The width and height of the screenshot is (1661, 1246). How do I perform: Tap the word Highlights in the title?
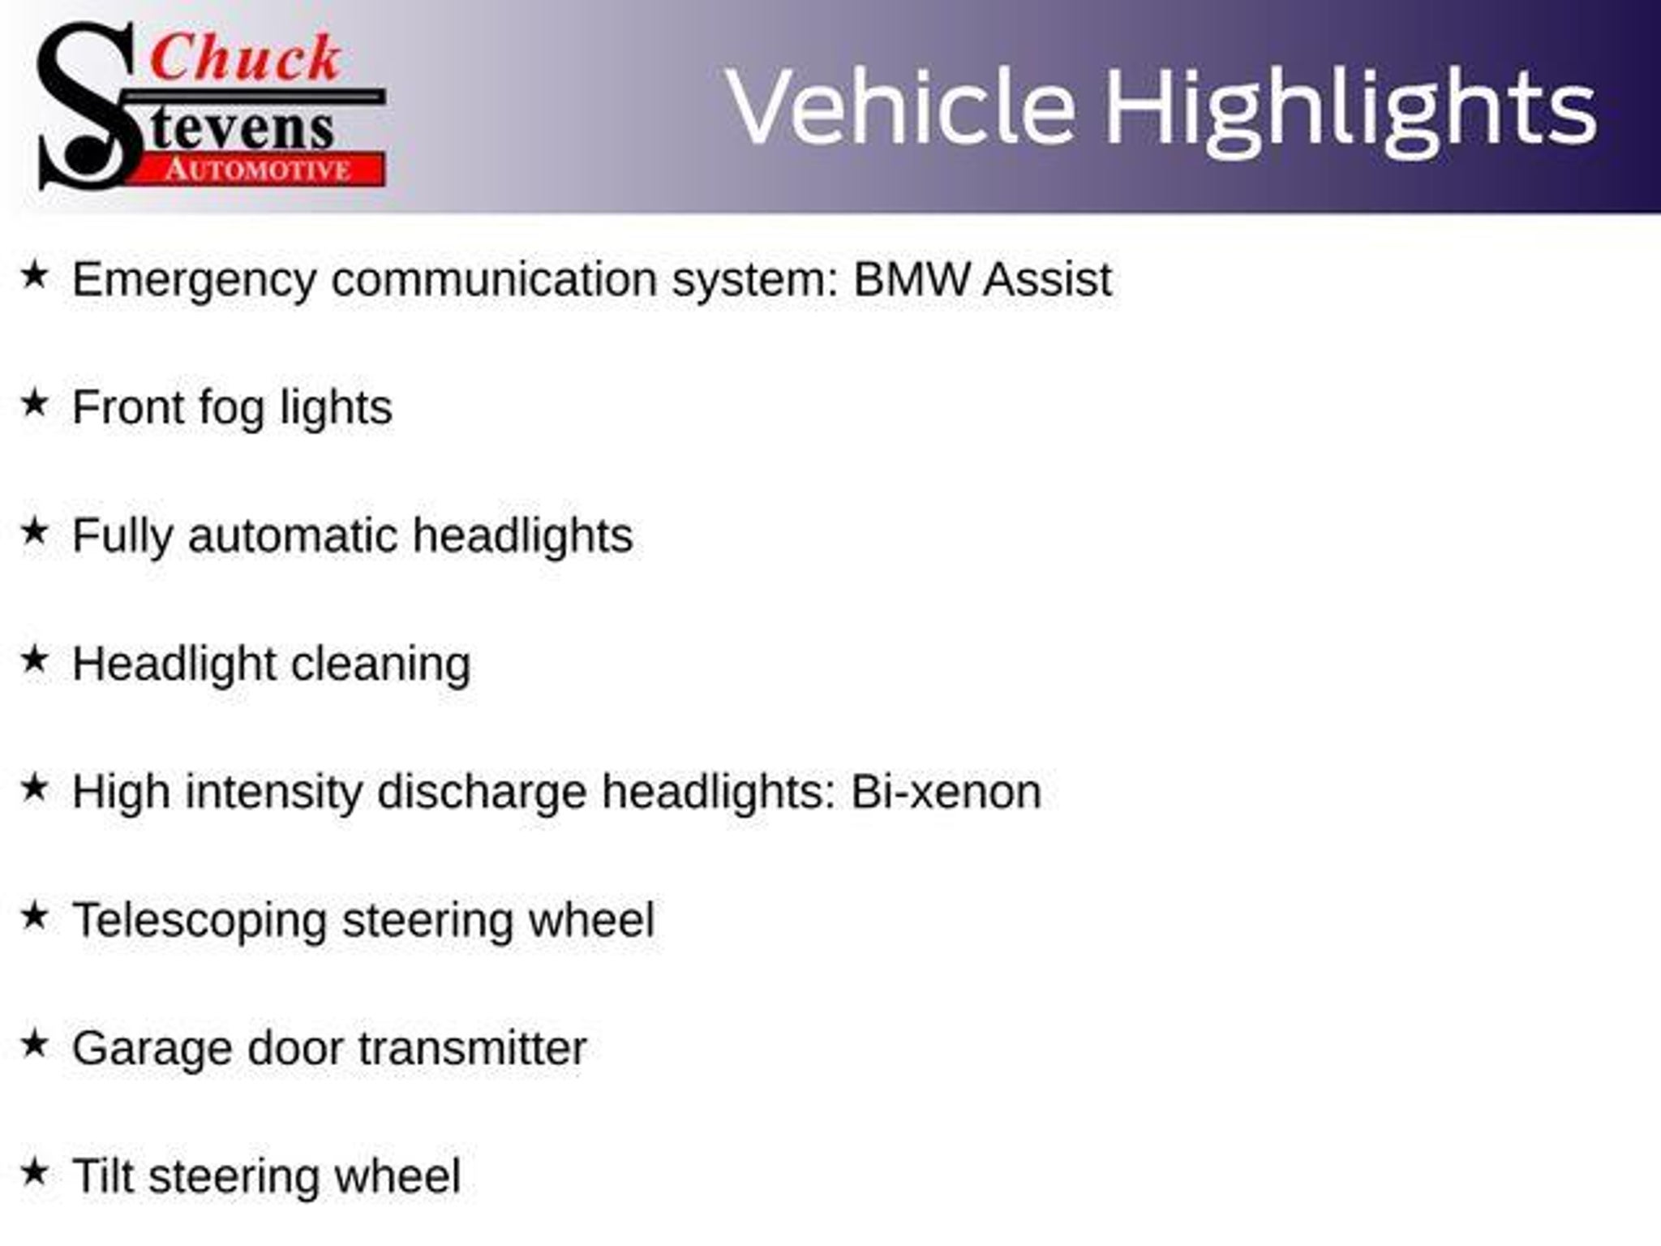click(1351, 113)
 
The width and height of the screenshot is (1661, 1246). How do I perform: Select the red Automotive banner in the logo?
click(258, 170)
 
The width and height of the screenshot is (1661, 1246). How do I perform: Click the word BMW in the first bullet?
click(911, 279)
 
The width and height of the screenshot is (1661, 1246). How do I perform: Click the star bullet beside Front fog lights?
click(34, 403)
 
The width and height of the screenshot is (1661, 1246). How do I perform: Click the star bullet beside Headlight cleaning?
click(34, 660)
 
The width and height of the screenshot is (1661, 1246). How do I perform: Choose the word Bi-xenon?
click(946, 792)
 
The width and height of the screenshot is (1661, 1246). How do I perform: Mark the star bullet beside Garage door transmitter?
click(34, 1044)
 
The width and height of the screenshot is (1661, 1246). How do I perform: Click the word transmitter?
click(472, 1049)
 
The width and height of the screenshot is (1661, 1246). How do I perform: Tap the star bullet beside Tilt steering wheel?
click(34, 1172)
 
